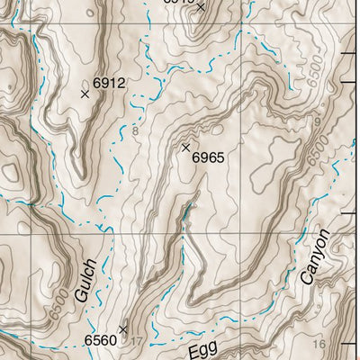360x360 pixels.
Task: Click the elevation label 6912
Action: point(109,84)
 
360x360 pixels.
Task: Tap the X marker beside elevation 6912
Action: point(85,94)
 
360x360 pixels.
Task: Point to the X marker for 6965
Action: point(186,147)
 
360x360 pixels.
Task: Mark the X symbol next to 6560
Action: point(123,329)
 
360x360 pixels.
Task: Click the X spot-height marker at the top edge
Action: point(200,7)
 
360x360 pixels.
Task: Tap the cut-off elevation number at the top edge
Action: point(178,3)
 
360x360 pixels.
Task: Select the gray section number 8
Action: point(135,132)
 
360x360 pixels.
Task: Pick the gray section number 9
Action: point(318,121)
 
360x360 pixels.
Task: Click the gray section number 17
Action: point(137,341)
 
